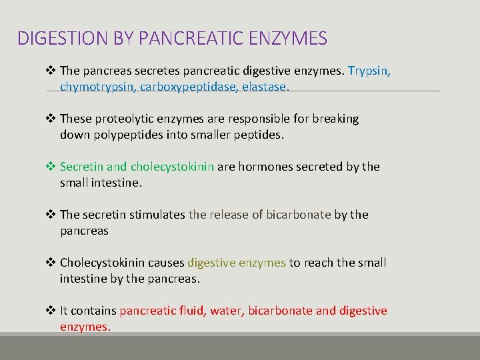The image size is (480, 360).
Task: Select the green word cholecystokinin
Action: pos(172,167)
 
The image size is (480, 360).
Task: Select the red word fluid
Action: pos(190,311)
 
